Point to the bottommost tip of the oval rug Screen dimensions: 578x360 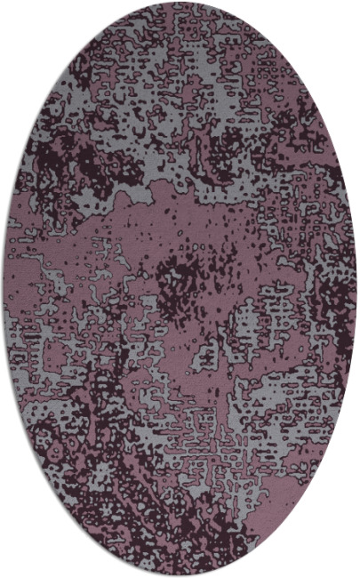pos(180,574)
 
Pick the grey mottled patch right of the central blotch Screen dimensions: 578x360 pos(253,311)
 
